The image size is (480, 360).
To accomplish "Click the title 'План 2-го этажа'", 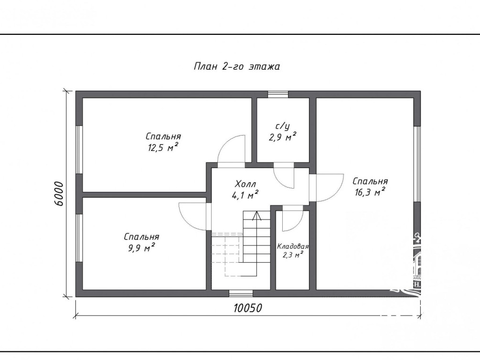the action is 236,66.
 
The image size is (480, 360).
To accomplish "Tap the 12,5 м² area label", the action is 163,148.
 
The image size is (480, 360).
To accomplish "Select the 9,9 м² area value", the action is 141,248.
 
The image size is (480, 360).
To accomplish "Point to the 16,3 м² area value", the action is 370,192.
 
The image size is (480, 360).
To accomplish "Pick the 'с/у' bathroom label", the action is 282,127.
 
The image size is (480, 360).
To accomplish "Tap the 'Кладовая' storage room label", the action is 293,246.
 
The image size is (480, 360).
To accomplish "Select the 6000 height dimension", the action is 59,194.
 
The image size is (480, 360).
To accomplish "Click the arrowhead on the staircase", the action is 256,215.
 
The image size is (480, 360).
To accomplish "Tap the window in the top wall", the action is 278,94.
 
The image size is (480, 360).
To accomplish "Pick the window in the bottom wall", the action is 241,294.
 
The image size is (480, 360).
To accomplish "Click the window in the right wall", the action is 417,164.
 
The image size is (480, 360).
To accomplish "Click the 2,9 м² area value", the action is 282,137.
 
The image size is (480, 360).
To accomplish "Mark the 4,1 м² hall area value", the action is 245,195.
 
